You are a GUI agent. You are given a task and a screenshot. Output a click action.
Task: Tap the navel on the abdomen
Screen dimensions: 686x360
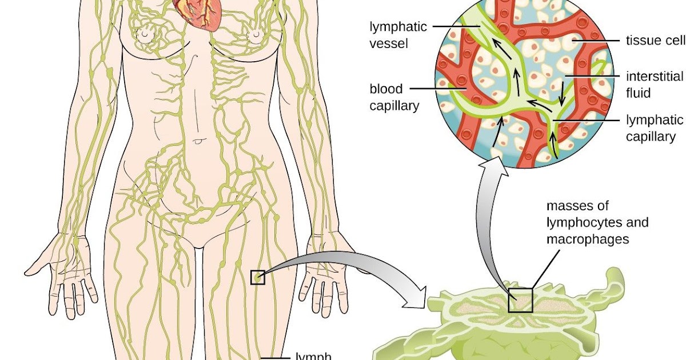[197, 140]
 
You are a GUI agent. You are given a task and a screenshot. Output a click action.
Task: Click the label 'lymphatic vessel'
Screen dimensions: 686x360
[391, 35]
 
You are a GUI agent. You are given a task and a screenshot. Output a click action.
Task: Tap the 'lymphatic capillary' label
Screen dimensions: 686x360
[654, 128]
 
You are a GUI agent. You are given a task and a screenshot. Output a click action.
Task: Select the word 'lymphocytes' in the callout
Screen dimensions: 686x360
[582, 222]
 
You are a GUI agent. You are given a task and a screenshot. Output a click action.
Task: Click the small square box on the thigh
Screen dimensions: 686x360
[258, 277]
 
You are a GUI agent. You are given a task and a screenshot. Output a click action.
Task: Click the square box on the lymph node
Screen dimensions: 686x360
[520, 300]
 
